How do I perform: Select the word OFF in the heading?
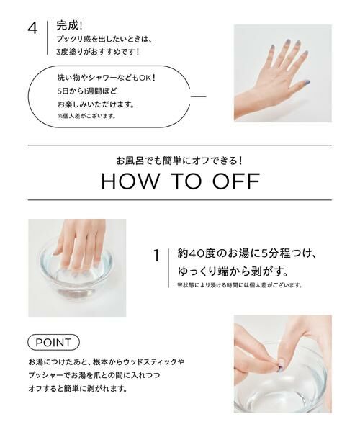[233, 181]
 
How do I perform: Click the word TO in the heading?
[184, 181]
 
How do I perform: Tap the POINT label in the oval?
[54, 341]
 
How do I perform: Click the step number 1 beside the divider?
[156, 255]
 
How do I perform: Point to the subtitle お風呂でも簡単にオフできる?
[180, 159]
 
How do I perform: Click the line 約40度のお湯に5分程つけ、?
[247, 253]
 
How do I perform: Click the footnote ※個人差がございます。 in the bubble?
[86, 116]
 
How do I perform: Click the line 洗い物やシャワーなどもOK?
[106, 78]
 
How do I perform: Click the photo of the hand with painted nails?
[282, 73]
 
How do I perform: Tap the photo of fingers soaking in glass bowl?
[77, 267]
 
